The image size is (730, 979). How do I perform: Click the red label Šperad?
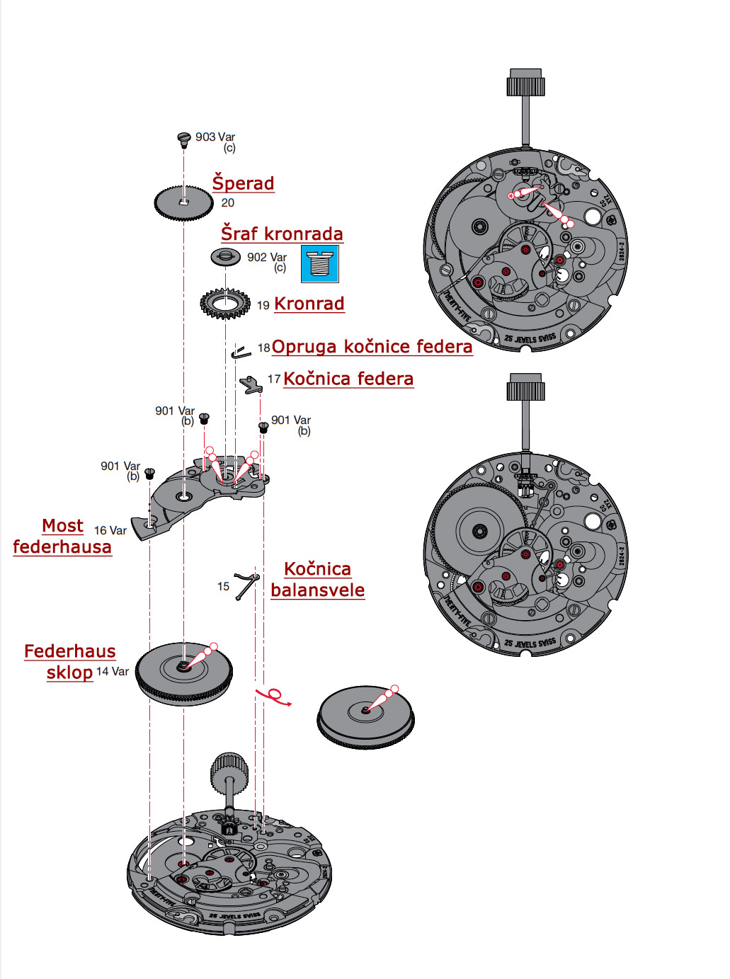243,183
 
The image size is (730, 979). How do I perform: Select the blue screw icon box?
320,263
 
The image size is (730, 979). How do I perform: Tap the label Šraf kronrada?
282,234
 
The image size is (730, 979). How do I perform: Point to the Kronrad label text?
309,304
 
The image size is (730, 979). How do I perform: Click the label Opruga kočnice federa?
372,347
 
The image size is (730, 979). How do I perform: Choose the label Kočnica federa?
348,379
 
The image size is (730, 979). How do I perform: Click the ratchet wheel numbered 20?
183,202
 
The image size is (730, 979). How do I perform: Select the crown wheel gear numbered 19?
225,304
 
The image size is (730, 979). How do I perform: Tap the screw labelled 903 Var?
184,138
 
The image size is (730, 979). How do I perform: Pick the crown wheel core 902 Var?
225,256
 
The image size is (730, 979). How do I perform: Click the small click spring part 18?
241,352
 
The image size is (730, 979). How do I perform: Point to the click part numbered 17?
251,384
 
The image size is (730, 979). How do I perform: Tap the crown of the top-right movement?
525,83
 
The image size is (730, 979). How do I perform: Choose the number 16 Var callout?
110,530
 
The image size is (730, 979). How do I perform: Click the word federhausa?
62,547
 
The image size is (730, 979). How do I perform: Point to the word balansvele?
317,590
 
